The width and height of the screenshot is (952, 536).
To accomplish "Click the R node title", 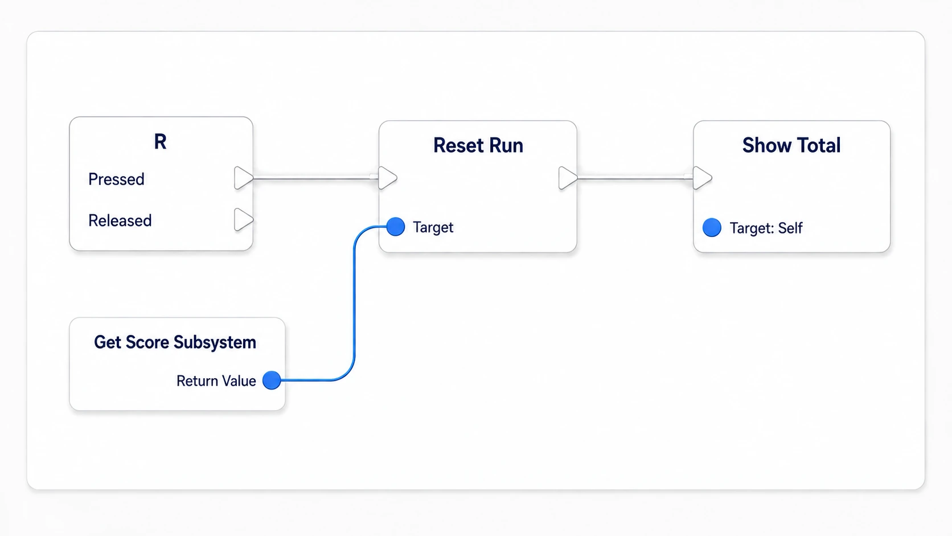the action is [160, 141].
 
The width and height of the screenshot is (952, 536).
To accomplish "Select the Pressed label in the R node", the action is [116, 179].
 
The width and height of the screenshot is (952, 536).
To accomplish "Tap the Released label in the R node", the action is [120, 220].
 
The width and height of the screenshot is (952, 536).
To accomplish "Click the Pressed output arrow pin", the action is [244, 178].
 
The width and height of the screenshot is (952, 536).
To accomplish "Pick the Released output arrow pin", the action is [244, 219].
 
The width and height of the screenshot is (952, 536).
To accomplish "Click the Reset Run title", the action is [478, 145].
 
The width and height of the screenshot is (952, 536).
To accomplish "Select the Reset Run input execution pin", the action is [388, 178].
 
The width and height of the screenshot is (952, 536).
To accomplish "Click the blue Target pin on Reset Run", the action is [396, 227].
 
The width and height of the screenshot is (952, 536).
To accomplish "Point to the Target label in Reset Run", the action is [433, 227].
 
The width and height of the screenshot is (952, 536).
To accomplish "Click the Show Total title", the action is [791, 145].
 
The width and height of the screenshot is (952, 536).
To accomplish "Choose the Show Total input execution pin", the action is [703, 178].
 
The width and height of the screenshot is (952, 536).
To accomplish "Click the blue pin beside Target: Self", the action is [712, 227].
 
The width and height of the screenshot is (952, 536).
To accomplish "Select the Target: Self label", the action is [766, 228].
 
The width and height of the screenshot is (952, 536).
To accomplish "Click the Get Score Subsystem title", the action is [175, 342].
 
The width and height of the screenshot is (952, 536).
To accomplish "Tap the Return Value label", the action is [216, 381].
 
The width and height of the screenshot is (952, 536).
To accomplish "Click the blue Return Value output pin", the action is [272, 380].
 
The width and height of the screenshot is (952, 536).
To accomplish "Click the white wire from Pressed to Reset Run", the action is [316, 178].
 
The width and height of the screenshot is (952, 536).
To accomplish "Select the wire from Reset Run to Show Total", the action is [635, 178].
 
